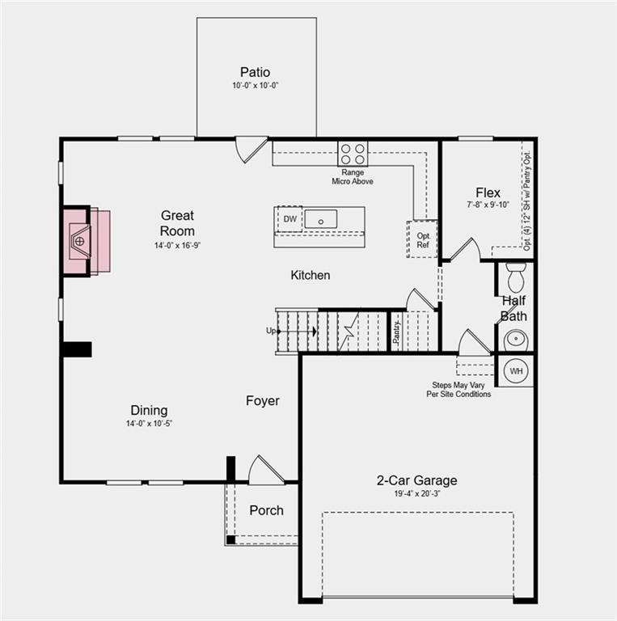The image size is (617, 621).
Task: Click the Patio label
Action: click(x=255, y=72)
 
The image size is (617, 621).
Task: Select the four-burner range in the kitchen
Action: click(x=352, y=154)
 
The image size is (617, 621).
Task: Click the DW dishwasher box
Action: click(x=289, y=218)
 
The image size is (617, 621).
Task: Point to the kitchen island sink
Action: click(x=320, y=218)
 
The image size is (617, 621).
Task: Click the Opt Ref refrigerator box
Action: click(x=422, y=239)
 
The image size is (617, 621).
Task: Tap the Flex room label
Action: click(x=488, y=193)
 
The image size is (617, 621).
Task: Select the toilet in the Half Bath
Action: click(x=515, y=277)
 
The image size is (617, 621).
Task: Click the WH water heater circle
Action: click(x=516, y=370)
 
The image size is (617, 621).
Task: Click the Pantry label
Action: click(x=397, y=332)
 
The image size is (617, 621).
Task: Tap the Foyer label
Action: click(x=263, y=401)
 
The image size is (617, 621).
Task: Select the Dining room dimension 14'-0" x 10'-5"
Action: click(x=149, y=424)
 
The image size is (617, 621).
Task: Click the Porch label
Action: click(x=266, y=510)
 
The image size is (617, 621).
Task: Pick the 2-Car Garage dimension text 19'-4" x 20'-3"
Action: click(x=416, y=492)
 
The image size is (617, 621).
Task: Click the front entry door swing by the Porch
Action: click(x=264, y=471)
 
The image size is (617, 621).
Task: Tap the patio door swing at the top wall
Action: click(x=250, y=150)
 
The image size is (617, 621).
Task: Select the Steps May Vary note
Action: click(x=459, y=390)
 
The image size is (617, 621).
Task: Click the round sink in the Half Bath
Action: click(x=515, y=339)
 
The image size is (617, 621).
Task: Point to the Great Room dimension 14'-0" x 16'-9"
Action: click(x=177, y=245)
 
